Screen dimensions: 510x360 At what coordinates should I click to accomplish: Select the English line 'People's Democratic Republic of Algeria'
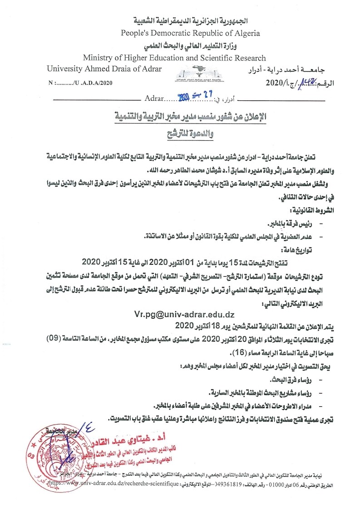[x=190, y=33]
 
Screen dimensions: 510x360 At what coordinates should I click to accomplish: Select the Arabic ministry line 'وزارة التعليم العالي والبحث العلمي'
[x=190, y=46]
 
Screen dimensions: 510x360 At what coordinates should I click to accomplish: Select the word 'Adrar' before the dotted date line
[x=153, y=98]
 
